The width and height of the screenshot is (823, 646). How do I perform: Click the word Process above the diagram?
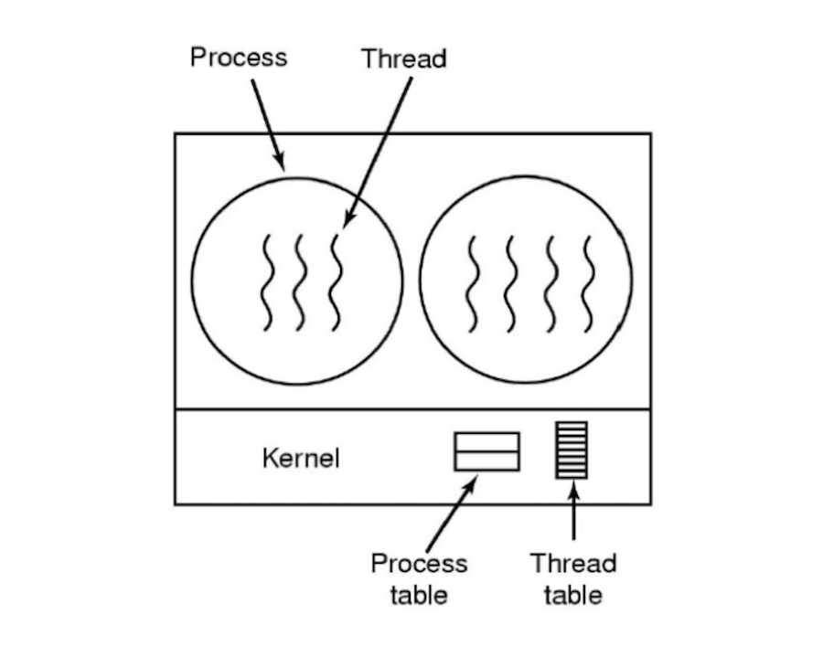pyautogui.click(x=239, y=58)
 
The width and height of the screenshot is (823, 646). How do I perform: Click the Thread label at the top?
pyautogui.click(x=403, y=59)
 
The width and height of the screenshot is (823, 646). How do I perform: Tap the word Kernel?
pyautogui.click(x=301, y=457)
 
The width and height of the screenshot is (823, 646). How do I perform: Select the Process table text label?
pyautogui.click(x=419, y=579)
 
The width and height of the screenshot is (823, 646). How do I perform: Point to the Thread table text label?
pyautogui.click(x=573, y=579)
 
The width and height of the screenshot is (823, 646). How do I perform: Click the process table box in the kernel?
pyautogui.click(x=486, y=451)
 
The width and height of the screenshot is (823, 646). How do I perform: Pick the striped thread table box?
pyautogui.click(x=571, y=450)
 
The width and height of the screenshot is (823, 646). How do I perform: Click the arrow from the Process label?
pyautogui.click(x=268, y=123)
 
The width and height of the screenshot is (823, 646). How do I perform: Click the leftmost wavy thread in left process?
pyautogui.click(x=266, y=282)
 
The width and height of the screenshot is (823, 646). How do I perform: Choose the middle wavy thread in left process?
pyautogui.click(x=300, y=282)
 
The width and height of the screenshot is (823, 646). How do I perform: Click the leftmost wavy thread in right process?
pyautogui.click(x=473, y=282)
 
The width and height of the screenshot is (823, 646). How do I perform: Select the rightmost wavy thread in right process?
pyautogui.click(x=587, y=282)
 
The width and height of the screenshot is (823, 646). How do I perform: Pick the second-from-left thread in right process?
pyautogui.click(x=511, y=282)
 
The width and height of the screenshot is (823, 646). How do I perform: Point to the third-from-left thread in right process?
pyautogui.click(x=550, y=282)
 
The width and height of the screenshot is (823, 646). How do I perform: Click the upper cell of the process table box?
pyautogui.click(x=486, y=441)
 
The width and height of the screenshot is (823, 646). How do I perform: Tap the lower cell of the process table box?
pyautogui.click(x=486, y=461)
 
